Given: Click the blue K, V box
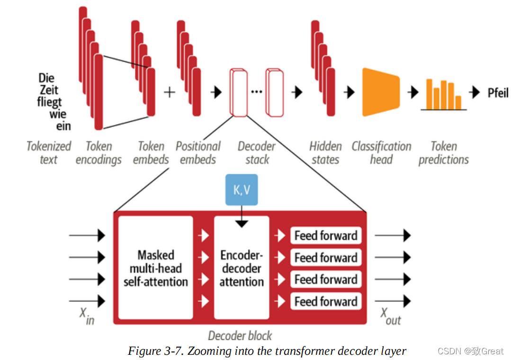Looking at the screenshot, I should coord(242,190).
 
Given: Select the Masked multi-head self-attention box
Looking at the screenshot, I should coord(156,268).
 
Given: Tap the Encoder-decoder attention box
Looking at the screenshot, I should coord(242,268).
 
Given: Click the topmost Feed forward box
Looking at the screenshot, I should coord(326,235).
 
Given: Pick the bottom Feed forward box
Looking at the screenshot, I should coord(326,301).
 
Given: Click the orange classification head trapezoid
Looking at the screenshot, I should coord(380,92).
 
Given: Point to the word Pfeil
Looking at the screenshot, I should coord(498,92).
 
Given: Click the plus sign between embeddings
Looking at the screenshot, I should coord(169,92).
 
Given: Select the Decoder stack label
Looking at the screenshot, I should coord(257,153).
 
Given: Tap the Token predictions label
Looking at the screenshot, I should coord(443,153).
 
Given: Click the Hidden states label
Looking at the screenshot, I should coord(325,153).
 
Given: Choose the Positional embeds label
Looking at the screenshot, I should coord(198,153).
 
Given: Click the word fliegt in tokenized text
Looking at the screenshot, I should coord(50,102).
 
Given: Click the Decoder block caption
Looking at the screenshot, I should coord(240,336).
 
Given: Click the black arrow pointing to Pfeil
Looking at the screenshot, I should coord(475,92).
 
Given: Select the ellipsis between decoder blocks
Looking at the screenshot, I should coord(256,91).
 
